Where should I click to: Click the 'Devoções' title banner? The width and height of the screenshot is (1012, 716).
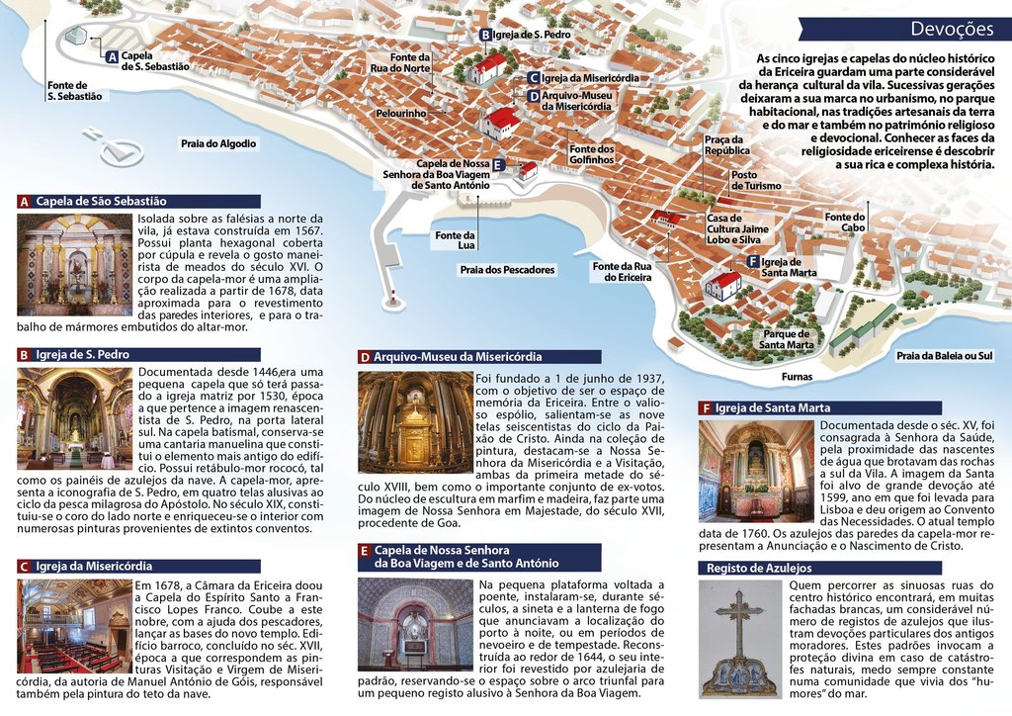coord(952,30)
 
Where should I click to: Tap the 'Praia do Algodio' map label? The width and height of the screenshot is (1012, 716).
coord(218,143)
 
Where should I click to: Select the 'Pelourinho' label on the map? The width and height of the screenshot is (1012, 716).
coord(401,114)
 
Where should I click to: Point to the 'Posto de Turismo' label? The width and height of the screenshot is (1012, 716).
coord(756,180)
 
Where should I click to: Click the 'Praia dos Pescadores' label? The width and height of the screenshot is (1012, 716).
coord(508,269)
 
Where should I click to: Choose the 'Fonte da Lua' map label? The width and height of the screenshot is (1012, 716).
coord(455,239)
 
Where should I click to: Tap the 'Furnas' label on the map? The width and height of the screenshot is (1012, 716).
coord(797,377)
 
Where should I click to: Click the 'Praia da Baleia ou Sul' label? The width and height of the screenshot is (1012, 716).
coord(944,355)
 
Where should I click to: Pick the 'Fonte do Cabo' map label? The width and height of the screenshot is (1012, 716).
coord(845,223)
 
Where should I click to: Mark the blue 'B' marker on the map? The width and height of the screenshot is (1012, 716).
coord(485,35)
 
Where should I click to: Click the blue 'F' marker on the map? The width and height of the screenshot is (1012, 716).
coord(753,261)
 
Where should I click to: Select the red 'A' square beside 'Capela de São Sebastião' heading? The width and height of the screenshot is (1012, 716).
coord(24,202)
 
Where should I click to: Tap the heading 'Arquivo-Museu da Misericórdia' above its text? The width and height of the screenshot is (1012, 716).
coord(458,357)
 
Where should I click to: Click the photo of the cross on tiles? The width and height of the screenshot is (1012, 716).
coord(739,639)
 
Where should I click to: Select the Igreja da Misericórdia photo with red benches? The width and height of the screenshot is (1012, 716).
coord(74,625)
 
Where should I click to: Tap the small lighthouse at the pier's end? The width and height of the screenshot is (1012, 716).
coord(394,297)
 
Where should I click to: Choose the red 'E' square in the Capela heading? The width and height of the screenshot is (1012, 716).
coord(364,551)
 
